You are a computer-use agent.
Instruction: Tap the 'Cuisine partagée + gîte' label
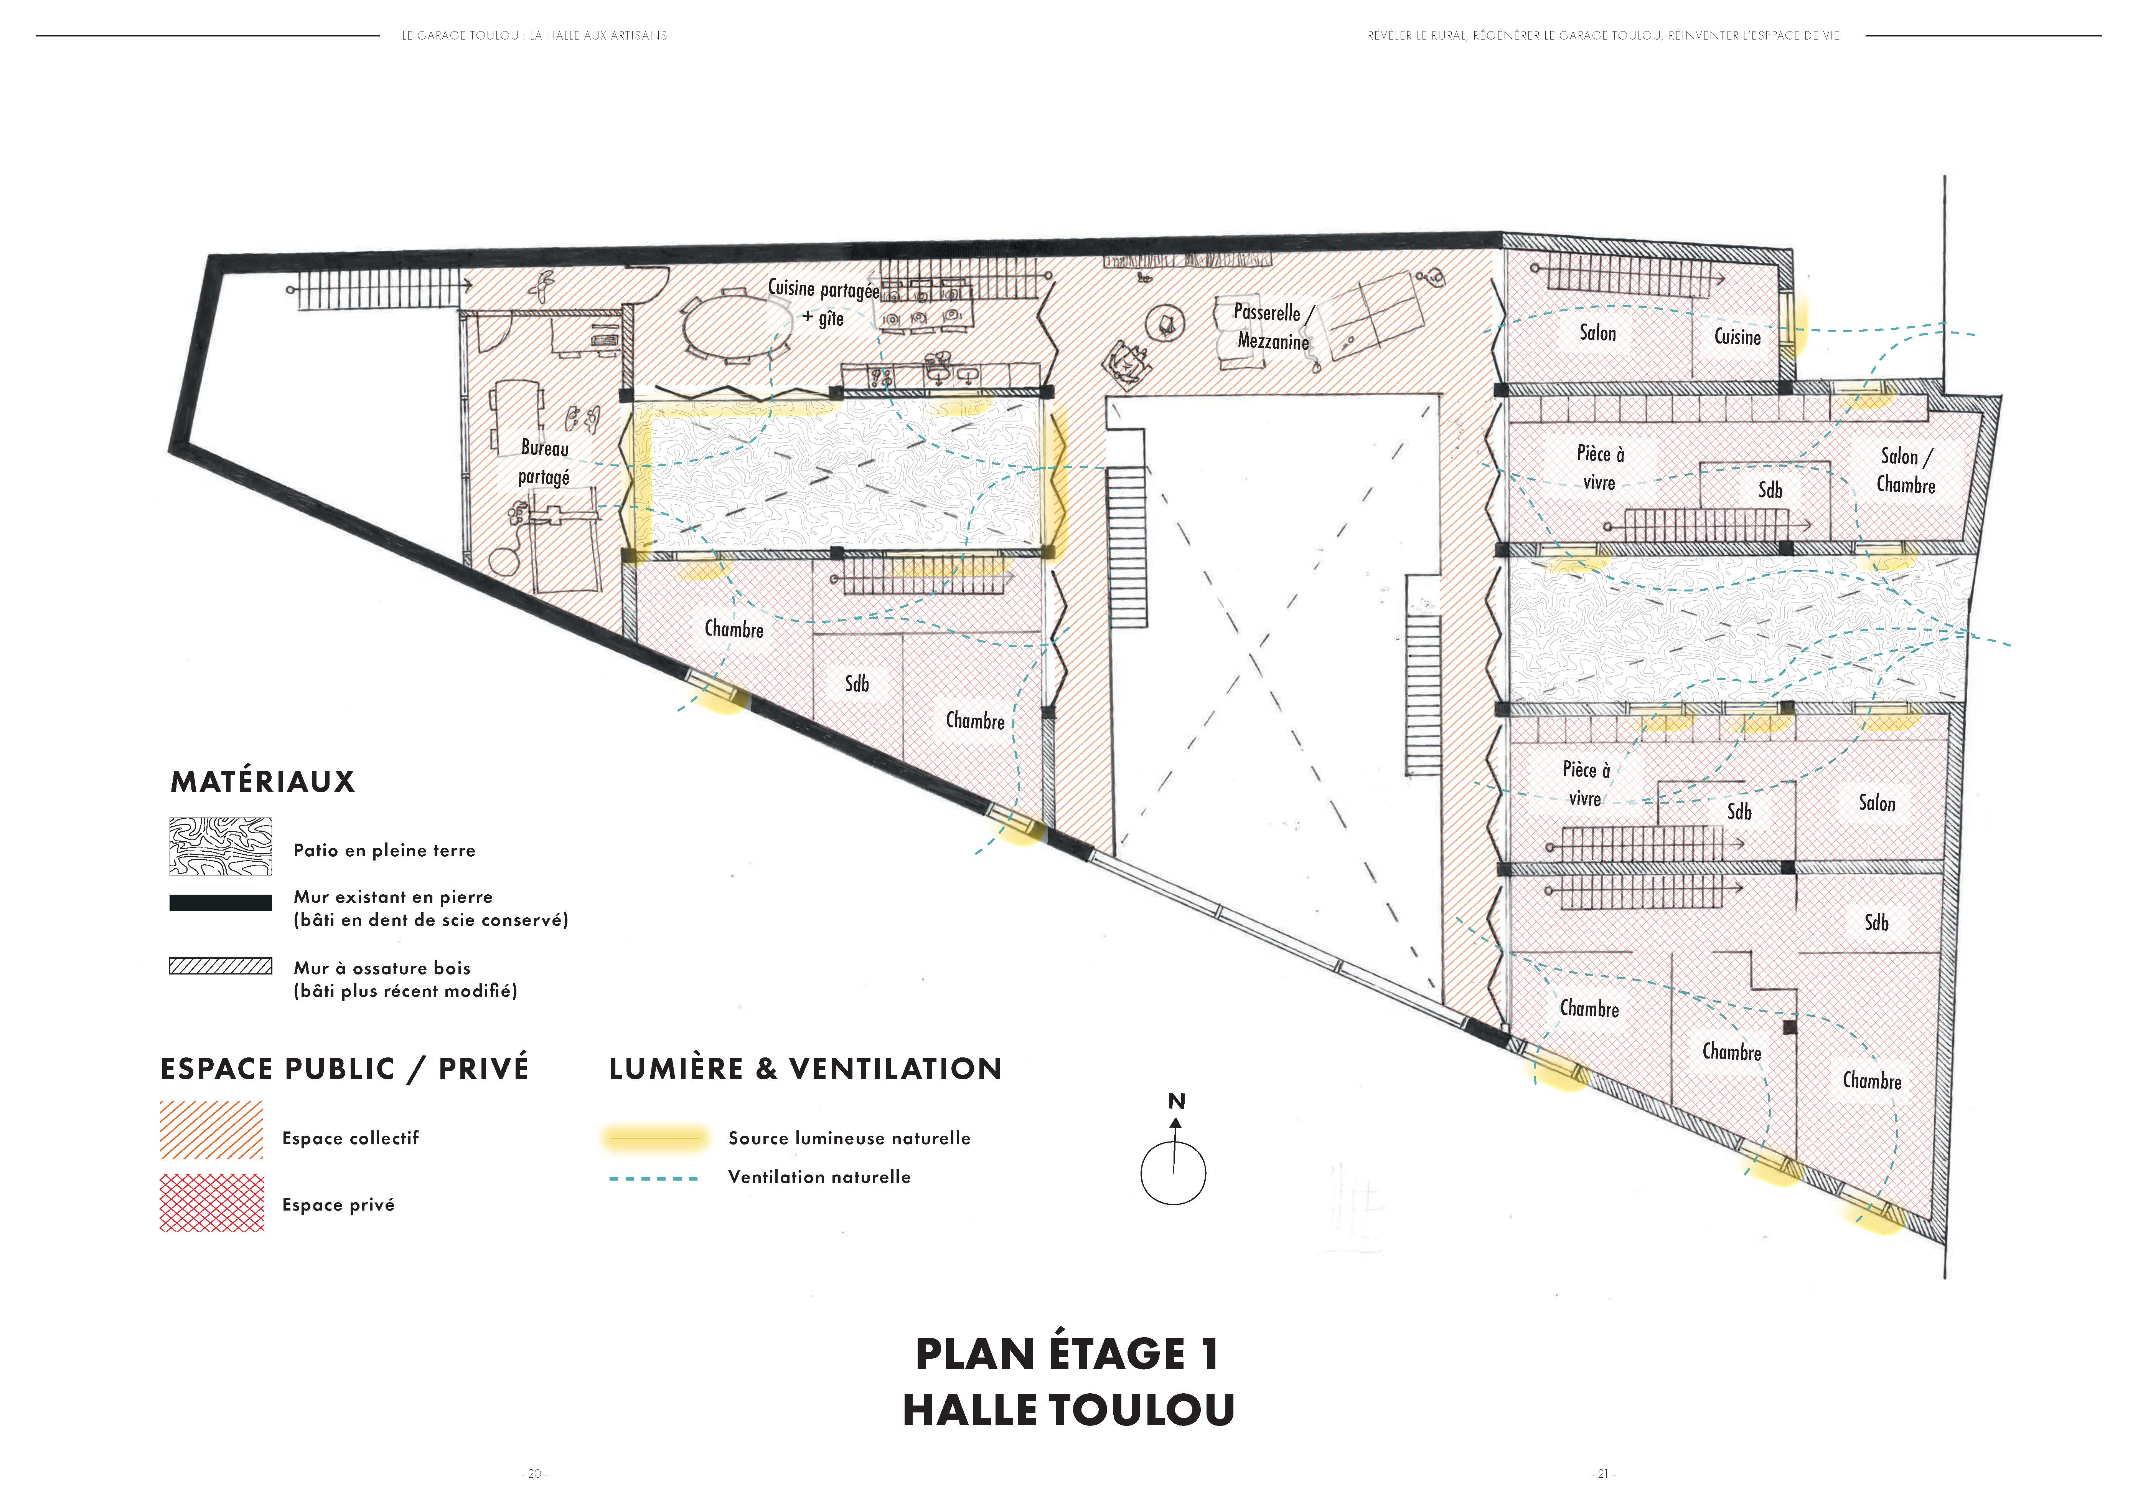[823, 303]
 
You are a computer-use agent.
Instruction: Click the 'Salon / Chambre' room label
[1905, 471]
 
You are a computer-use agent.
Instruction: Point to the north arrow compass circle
[1173, 1173]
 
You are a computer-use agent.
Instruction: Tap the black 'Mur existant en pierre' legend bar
[221, 902]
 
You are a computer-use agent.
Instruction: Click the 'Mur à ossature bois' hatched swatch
[221, 966]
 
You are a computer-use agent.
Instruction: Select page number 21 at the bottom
[1602, 1473]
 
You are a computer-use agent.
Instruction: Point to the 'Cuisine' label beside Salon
[1737, 336]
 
